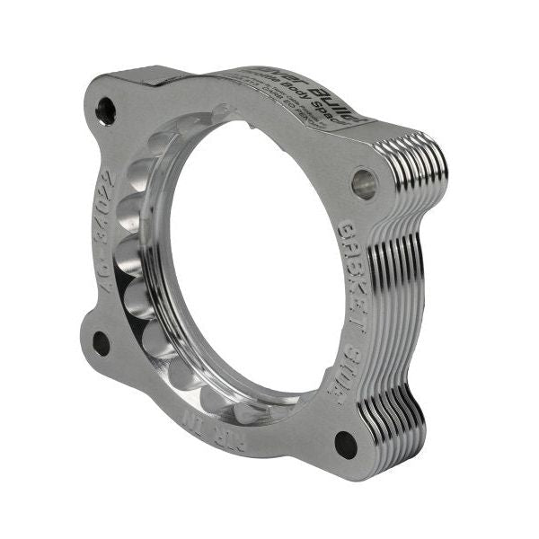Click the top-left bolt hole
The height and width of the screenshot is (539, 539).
pos(105,111)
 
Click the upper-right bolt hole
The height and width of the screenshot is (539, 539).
pos(364,184)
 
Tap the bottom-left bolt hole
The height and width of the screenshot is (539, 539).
pos(101,342)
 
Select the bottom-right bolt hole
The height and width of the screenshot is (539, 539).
pos(345,443)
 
